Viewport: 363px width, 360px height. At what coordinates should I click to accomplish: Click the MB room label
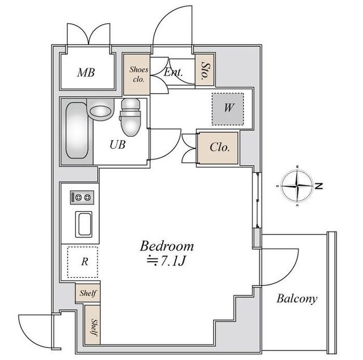click(x=86, y=73)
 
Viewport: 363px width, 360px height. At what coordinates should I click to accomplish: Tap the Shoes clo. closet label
click(x=138, y=74)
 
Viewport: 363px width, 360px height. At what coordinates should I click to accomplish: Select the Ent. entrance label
click(x=173, y=72)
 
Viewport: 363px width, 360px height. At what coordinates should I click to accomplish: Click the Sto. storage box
click(x=204, y=70)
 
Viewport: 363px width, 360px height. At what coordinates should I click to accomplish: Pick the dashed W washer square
click(x=228, y=109)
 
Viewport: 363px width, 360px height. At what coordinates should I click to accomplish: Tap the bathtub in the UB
click(x=77, y=131)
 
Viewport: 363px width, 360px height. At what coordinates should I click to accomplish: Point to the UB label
click(x=117, y=145)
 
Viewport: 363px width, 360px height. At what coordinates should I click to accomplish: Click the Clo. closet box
click(x=218, y=148)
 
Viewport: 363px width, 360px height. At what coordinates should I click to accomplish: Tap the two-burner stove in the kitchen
click(x=82, y=198)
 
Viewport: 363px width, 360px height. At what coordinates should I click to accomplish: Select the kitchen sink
click(x=84, y=224)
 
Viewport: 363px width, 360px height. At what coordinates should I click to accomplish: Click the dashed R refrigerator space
click(x=83, y=262)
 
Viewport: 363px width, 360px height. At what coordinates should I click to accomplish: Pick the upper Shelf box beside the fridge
click(x=88, y=293)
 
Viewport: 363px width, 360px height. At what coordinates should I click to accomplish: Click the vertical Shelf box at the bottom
click(x=92, y=325)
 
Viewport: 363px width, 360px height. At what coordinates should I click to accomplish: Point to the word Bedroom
click(x=167, y=246)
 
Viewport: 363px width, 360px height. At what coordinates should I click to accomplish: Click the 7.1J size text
click(x=173, y=261)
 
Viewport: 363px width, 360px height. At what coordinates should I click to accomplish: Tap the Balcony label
click(x=297, y=299)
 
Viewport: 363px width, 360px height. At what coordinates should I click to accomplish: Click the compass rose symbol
click(x=297, y=186)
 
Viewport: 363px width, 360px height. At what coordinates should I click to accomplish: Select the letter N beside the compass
click(x=319, y=186)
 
